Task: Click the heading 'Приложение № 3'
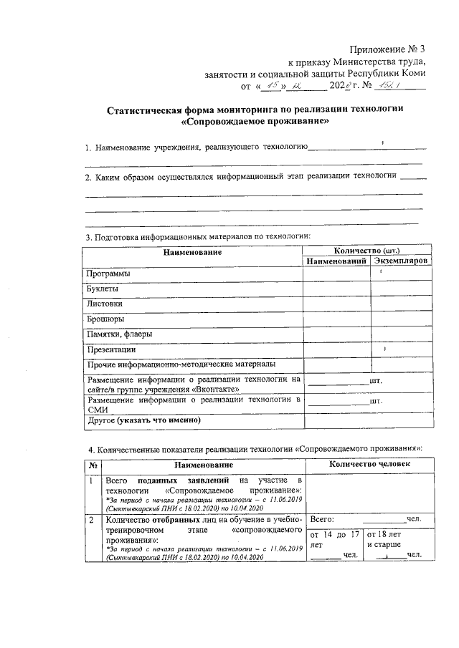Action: (x=388, y=49)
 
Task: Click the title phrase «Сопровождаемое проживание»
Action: (x=255, y=122)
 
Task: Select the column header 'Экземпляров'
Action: (x=399, y=261)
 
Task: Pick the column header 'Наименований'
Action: (x=336, y=261)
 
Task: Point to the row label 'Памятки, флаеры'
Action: (x=118, y=334)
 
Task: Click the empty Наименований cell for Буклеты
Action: (x=336, y=289)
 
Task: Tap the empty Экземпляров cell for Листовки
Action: (x=399, y=304)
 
